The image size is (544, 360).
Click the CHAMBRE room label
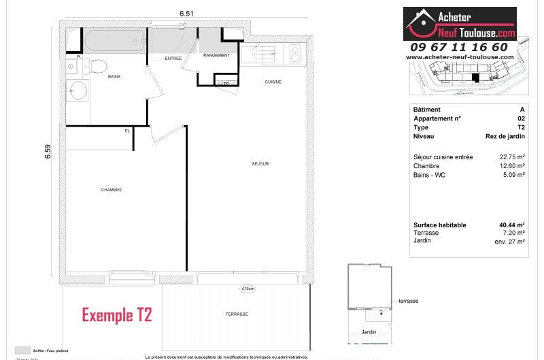pyautogui.click(x=112, y=190)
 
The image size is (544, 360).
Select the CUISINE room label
pyautogui.click(x=273, y=82)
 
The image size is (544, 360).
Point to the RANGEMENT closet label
pyautogui.click(x=217, y=55)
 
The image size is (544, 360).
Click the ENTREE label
pyautogui.click(x=173, y=59)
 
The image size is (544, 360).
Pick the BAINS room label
pyautogui.click(x=114, y=76)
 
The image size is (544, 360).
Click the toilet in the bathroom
pyautogui.click(x=97, y=66)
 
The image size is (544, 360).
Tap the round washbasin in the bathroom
pyautogui.click(x=79, y=91)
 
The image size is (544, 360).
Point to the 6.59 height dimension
pyautogui.click(x=48, y=151)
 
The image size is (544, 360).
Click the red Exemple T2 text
pyautogui.click(x=117, y=315)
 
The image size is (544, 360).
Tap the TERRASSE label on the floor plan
pyautogui.click(x=237, y=314)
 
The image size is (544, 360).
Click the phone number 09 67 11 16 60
pyautogui.click(x=458, y=47)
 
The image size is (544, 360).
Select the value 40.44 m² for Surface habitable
pyautogui.click(x=511, y=225)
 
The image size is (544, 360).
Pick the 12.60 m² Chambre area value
pyautogui.click(x=512, y=166)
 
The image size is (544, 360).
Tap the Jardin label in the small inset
pyautogui.click(x=369, y=332)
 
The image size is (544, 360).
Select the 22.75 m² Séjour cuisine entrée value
pyautogui.click(x=512, y=157)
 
